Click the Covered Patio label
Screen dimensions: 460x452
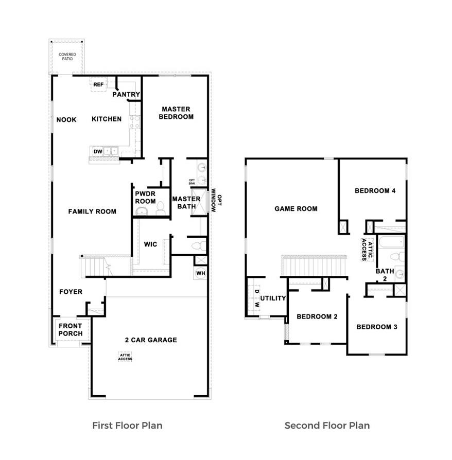[x=67, y=57]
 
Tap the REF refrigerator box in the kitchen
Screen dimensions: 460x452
[x=98, y=84]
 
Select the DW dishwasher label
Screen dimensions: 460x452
[x=98, y=151]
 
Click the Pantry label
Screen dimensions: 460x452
[x=126, y=94]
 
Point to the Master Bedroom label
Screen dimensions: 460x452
[x=176, y=113]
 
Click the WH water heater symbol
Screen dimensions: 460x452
[x=201, y=273]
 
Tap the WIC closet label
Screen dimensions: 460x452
[x=150, y=244]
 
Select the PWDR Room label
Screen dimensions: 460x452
[x=145, y=198]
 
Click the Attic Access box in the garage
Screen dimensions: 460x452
[x=125, y=357]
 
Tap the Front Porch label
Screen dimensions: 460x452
[x=70, y=330]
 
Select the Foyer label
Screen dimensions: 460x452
[x=71, y=292]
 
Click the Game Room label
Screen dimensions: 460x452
[x=295, y=209]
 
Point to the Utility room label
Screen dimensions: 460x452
[x=273, y=298]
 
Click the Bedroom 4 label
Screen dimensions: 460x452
[x=375, y=191]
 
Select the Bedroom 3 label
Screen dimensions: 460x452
[x=376, y=327]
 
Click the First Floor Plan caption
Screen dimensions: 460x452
[x=127, y=426]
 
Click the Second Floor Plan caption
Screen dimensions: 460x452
[x=327, y=426]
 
